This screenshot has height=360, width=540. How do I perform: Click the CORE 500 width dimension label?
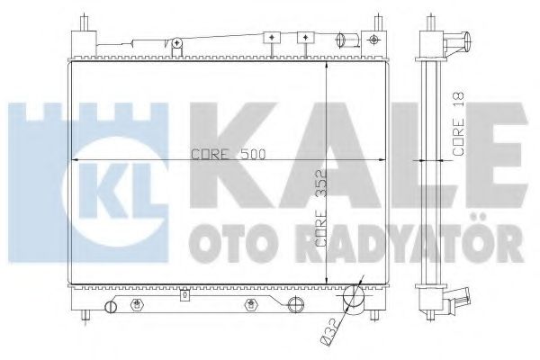(x=229, y=154)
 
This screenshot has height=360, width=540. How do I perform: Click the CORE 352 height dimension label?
(x=321, y=209)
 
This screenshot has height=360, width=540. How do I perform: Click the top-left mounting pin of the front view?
(x=85, y=22)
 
